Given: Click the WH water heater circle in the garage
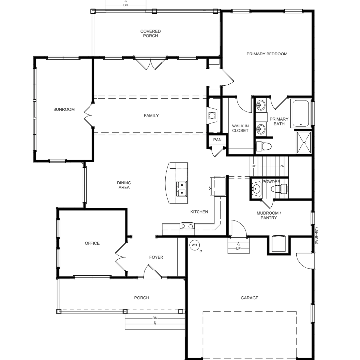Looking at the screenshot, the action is pyautogui.click(x=194, y=245).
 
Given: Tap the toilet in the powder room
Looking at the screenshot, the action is pyautogui.click(x=279, y=189).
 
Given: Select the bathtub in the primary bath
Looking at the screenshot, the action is pyautogui.click(x=301, y=113).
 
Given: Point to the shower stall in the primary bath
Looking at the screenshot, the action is pyautogui.click(x=304, y=142).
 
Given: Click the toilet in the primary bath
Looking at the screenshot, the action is pyautogui.click(x=264, y=146).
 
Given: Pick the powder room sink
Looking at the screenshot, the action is pyautogui.click(x=256, y=189).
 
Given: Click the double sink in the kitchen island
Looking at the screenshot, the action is pyautogui.click(x=182, y=189).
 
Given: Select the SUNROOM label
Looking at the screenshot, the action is pyautogui.click(x=64, y=110).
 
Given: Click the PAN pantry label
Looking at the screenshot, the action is pyautogui.click(x=217, y=140).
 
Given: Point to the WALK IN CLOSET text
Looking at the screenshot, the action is pyautogui.click(x=240, y=128).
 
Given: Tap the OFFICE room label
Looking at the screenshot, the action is pyautogui.click(x=92, y=243).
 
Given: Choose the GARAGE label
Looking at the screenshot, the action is pyautogui.click(x=250, y=298).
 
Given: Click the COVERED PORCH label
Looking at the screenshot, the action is pyautogui.click(x=150, y=33).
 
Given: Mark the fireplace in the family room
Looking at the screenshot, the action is pyautogui.click(x=212, y=115).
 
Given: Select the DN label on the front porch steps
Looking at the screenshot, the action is pyautogui.click(x=155, y=318).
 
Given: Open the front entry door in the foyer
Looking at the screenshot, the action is pyautogui.click(x=153, y=271).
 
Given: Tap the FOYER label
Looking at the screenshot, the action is pyautogui.click(x=156, y=257).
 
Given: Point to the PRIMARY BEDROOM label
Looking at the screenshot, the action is pyautogui.click(x=267, y=54).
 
